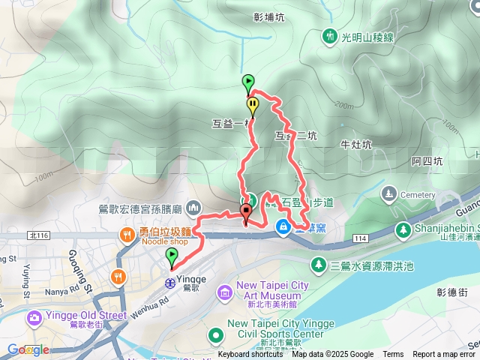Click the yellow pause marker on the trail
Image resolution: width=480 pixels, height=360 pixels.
tap(253, 105)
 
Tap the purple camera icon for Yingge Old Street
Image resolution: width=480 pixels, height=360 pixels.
tap(34, 319)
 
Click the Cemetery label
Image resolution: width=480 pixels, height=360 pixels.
tap(418, 194)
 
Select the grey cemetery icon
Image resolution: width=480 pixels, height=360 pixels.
tap(388, 194)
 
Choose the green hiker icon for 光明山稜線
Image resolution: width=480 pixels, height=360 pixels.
tap(328, 35)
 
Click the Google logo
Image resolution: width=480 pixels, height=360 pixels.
tap(28, 349)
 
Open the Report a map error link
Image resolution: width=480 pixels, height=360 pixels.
tap(444, 355)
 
